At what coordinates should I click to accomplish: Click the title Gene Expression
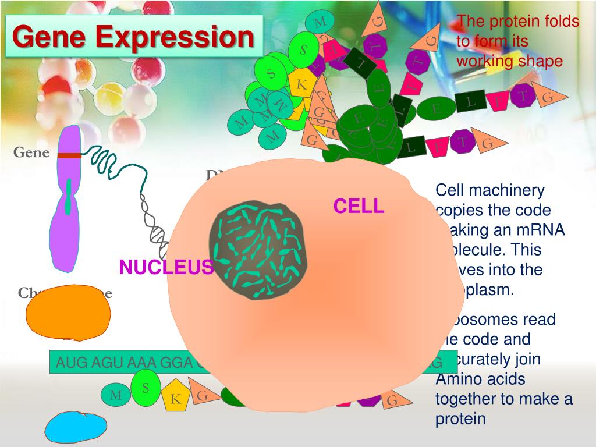tap(134, 37)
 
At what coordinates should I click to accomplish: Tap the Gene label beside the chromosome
tap(31, 152)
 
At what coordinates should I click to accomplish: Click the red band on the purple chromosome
tap(69, 155)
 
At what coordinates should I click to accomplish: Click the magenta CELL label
tap(359, 206)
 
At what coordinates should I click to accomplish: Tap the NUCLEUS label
tap(166, 267)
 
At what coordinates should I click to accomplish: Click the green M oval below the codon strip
tap(116, 396)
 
